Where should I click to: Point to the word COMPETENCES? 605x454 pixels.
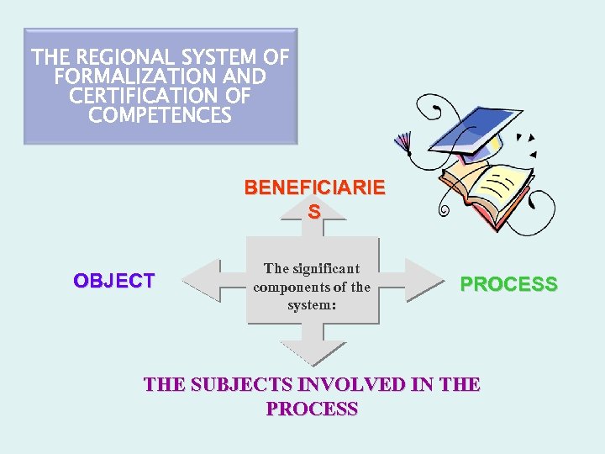160,116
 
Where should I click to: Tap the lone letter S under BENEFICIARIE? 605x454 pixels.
313,213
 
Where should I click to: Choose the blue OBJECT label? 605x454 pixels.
114,281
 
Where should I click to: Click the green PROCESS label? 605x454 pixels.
508,284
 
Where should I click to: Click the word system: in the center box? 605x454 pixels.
312,304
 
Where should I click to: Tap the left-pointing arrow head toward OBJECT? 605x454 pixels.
200,281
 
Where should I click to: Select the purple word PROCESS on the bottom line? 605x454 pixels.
312,409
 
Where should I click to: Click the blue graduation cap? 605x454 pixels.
470,127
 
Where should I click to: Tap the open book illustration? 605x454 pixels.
487,189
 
